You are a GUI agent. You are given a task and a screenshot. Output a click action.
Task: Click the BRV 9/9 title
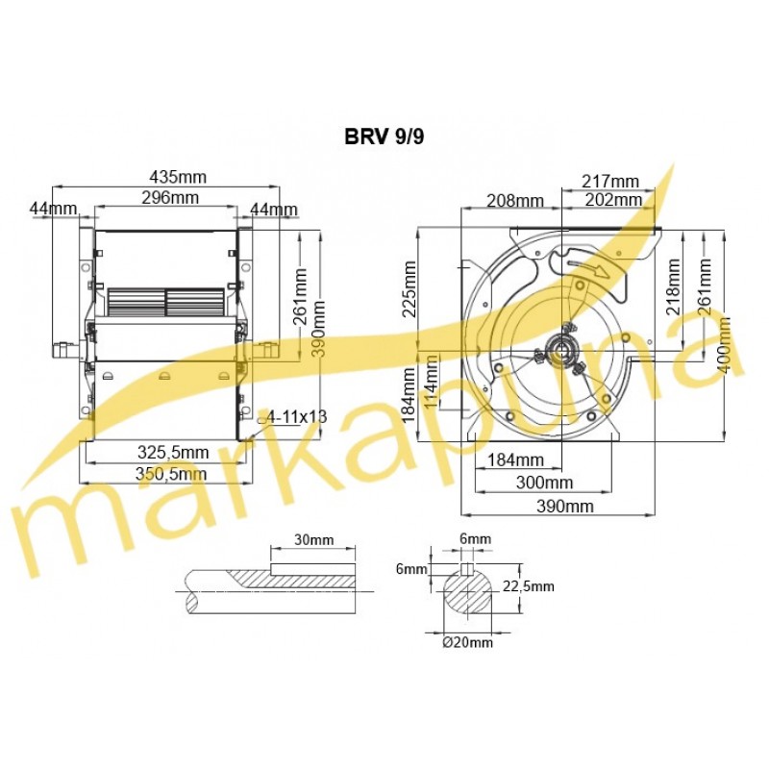(x=384, y=136)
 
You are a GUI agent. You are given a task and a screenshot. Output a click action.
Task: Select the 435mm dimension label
(x=178, y=176)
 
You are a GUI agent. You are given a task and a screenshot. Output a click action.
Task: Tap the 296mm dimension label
(x=170, y=198)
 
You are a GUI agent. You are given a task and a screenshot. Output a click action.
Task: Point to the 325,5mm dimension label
(x=173, y=452)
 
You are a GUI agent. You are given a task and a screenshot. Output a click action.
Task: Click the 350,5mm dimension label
(x=171, y=474)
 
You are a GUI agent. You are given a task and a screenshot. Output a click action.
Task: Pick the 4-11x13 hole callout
(x=297, y=417)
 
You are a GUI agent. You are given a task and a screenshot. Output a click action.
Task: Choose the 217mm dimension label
(x=610, y=181)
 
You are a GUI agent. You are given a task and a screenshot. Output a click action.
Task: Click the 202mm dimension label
(x=613, y=200)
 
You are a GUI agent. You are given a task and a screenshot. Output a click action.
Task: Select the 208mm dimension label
(x=515, y=201)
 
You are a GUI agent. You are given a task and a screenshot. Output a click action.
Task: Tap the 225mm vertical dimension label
(x=409, y=289)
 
